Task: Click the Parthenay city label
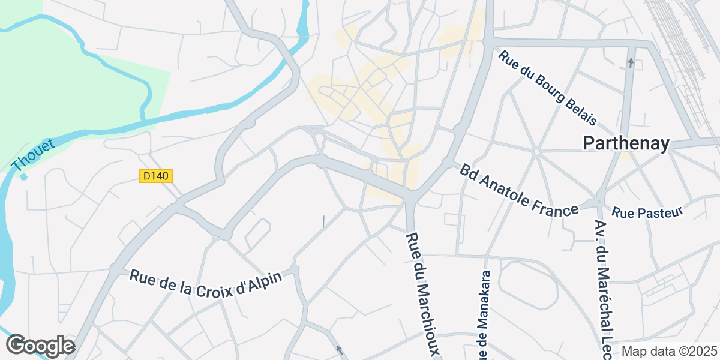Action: click(626, 143)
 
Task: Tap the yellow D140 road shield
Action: click(157, 176)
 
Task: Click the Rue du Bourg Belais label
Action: click(547, 88)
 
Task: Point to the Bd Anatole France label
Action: click(519, 188)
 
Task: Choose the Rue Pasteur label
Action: click(647, 212)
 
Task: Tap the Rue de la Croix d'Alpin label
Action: click(206, 282)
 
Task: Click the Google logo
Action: click(40, 346)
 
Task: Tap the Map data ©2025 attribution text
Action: click(669, 351)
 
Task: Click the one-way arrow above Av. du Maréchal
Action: click(631, 62)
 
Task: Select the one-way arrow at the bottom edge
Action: click(338, 349)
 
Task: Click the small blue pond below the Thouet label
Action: click(23, 177)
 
